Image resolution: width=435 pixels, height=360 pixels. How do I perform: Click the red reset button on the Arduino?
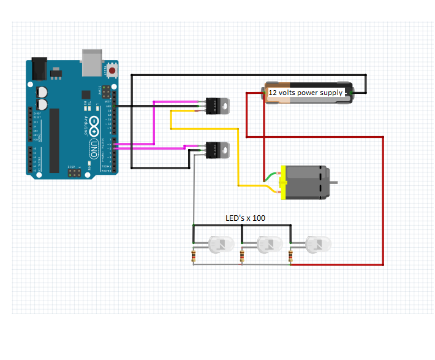[112, 71]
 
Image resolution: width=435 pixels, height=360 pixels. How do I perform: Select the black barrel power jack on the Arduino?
[39, 67]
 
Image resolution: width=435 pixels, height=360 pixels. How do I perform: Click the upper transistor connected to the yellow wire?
[217, 105]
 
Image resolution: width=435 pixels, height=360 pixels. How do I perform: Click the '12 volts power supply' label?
[306, 93]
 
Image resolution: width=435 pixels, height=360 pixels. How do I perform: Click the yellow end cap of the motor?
[282, 183]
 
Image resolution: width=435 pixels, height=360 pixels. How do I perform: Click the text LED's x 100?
[245, 218]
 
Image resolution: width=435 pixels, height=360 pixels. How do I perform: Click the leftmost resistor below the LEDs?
[194, 256]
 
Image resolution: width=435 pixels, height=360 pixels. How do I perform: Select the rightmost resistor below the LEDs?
[290, 256]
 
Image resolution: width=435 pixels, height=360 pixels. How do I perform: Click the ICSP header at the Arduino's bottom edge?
[74, 174]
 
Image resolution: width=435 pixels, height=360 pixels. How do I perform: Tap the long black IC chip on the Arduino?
[55, 140]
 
